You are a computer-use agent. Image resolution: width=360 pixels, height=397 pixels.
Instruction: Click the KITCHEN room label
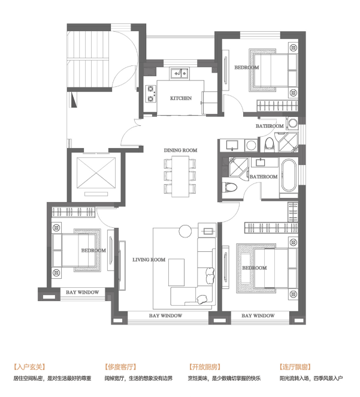(180, 98)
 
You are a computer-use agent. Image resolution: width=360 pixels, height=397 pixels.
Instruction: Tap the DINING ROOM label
(180, 150)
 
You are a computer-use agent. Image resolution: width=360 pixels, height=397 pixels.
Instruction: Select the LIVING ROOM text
(149, 260)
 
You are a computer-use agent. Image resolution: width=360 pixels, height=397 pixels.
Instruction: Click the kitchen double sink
(179, 73)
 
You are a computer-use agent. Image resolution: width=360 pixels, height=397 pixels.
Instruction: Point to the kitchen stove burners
(151, 94)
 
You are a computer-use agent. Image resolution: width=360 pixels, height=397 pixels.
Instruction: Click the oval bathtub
(289, 175)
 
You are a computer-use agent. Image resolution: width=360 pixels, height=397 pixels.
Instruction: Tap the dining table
(180, 176)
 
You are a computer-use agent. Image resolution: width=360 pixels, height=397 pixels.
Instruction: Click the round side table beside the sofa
(185, 231)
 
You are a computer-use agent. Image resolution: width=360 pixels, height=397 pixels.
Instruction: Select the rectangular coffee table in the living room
(176, 272)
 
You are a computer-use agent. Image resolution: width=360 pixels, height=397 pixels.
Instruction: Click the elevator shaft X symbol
(96, 173)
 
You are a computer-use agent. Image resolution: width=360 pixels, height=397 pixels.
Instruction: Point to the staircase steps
(89, 59)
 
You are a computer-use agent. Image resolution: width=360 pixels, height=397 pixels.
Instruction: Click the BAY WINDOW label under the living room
(165, 315)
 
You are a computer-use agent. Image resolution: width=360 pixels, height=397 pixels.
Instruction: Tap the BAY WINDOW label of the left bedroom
(83, 292)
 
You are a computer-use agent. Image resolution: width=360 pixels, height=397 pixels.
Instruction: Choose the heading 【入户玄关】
(29, 367)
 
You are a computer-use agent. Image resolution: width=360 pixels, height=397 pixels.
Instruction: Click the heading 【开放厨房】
(205, 367)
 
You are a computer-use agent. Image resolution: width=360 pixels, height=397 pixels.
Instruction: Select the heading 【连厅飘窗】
(295, 367)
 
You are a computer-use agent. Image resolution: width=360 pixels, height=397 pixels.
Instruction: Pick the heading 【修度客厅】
(120, 367)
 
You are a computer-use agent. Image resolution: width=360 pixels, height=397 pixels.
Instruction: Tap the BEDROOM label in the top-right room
(246, 67)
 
